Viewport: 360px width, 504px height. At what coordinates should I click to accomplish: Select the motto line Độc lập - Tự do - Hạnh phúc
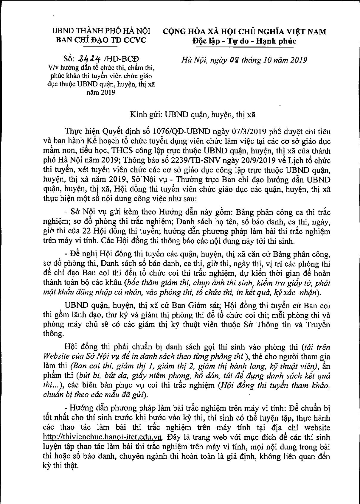(x=244, y=41)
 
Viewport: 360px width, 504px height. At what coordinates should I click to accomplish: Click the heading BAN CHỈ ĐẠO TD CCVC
(x=101, y=40)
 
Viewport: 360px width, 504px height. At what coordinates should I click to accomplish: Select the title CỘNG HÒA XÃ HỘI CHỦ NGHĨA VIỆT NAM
(x=244, y=32)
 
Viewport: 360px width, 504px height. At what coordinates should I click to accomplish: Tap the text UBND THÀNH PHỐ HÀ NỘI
(x=101, y=31)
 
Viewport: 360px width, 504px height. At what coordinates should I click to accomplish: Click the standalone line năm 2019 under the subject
(x=101, y=92)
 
